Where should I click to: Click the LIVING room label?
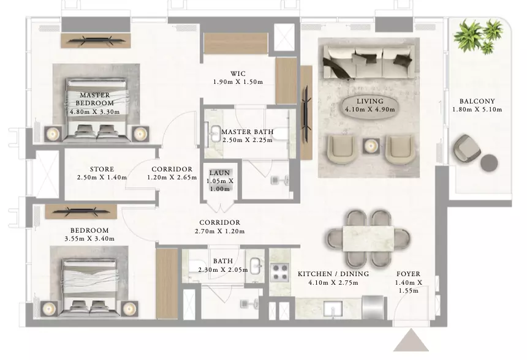tap(370, 101)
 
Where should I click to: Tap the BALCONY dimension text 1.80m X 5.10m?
tap(477, 110)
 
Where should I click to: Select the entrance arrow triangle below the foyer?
tap(411, 340)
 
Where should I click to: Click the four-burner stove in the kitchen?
tap(280, 272)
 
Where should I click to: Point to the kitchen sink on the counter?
tap(333, 309)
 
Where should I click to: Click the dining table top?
tap(368, 239)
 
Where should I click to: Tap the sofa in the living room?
tap(369, 63)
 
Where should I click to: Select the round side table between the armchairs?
tap(371, 146)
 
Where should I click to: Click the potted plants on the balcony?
tap(477, 36)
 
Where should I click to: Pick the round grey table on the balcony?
tap(489, 163)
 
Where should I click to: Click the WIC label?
tap(238, 73)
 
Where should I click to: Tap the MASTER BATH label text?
tap(248, 132)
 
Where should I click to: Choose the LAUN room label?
tap(220, 173)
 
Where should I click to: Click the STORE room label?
tap(102, 169)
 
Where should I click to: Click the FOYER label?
tap(408, 274)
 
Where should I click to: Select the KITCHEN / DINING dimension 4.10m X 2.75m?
tap(333, 283)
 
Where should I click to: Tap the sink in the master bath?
tap(214, 134)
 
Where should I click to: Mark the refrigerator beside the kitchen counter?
tap(373, 307)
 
